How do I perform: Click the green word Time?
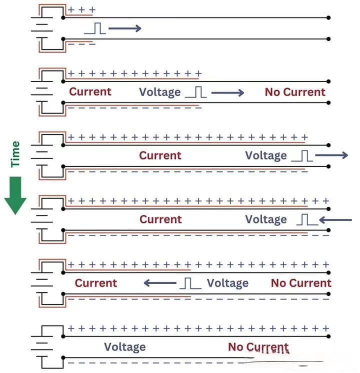15,154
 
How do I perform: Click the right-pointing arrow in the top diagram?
124,28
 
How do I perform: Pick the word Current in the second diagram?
90,91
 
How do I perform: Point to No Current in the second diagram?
295,92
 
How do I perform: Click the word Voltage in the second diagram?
159,92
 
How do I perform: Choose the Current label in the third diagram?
160,155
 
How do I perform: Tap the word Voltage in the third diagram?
266,155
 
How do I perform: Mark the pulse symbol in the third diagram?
302,156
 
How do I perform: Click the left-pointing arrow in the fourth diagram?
335,219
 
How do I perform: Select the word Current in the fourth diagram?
160,219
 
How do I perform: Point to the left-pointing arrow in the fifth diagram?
160,283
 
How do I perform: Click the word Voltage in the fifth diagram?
227,283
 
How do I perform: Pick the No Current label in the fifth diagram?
301,283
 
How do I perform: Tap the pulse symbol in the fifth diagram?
190,283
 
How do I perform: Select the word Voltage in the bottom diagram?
124,346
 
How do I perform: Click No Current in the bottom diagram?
258,347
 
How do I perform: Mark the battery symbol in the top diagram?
42,27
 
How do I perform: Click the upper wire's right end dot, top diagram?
328,17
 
